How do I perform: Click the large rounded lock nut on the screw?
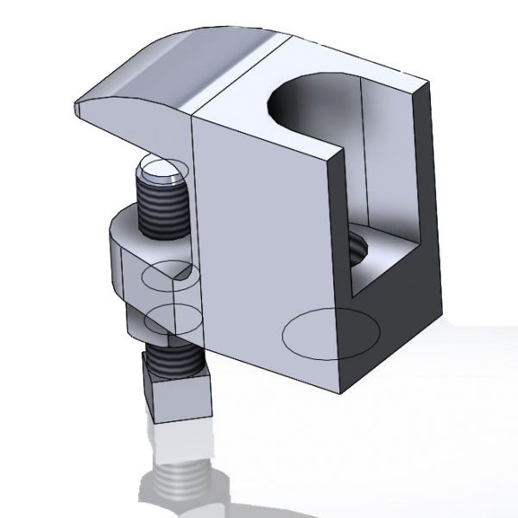(x=129, y=259)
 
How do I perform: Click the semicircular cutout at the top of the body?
(x=306, y=99)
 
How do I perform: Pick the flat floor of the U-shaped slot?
(x=388, y=259)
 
